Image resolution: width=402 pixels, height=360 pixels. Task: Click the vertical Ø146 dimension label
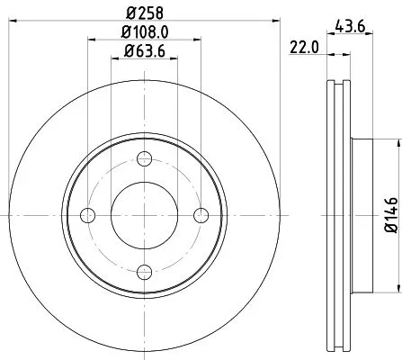(389, 214)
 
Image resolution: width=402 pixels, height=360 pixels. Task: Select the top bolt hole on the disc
(144, 159)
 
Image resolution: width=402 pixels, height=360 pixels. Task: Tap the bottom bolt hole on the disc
(144, 269)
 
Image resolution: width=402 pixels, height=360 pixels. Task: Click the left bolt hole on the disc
(88, 214)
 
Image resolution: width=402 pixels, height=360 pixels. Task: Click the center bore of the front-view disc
(144, 214)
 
